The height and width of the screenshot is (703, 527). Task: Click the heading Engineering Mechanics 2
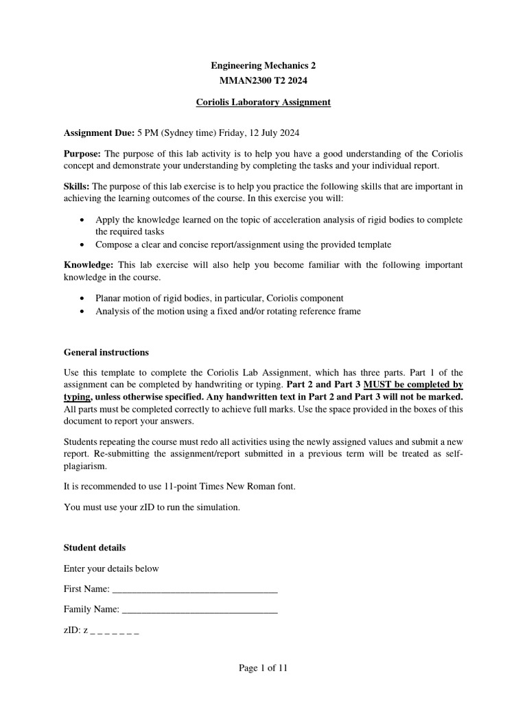tap(263, 66)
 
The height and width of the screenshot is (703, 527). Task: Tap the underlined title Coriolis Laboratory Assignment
tap(263, 102)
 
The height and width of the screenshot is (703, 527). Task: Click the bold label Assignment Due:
tap(99, 132)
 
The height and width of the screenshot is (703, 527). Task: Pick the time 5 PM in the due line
tap(150, 132)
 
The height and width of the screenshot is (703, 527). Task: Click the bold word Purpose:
tap(82, 153)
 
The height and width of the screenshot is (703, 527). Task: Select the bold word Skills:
tap(77, 186)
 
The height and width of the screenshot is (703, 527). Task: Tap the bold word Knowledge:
tap(89, 265)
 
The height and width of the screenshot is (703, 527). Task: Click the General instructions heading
tap(106, 352)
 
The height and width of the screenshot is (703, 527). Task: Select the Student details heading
tap(95, 548)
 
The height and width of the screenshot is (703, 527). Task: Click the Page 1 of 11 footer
tap(263, 668)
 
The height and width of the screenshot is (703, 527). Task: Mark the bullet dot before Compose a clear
tap(83, 244)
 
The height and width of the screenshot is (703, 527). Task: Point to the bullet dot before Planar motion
tap(83, 299)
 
